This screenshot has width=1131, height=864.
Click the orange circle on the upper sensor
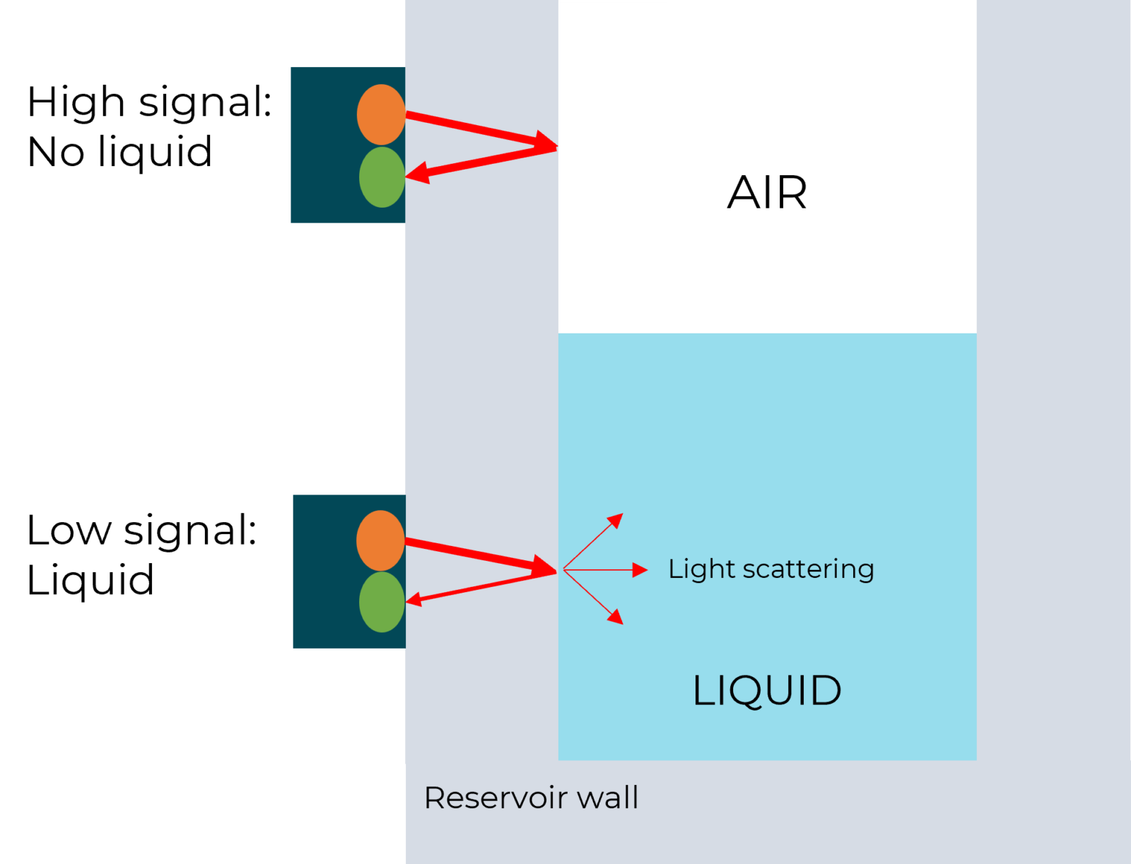coord(381,114)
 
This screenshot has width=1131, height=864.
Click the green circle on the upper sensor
coord(382,177)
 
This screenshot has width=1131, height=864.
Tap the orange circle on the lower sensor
coord(380,540)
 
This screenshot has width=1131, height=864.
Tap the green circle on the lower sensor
coord(382,602)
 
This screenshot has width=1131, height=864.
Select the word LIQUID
coord(767,691)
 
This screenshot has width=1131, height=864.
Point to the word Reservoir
coord(496,798)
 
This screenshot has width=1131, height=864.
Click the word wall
coord(608,798)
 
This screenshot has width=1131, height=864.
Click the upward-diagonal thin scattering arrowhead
coord(616,521)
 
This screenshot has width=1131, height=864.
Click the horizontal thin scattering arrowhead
coord(640,569)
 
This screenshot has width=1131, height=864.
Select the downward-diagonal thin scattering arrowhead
coord(616,617)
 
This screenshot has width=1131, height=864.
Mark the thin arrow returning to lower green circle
coord(481,586)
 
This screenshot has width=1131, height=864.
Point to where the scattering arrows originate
coord(563,569)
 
